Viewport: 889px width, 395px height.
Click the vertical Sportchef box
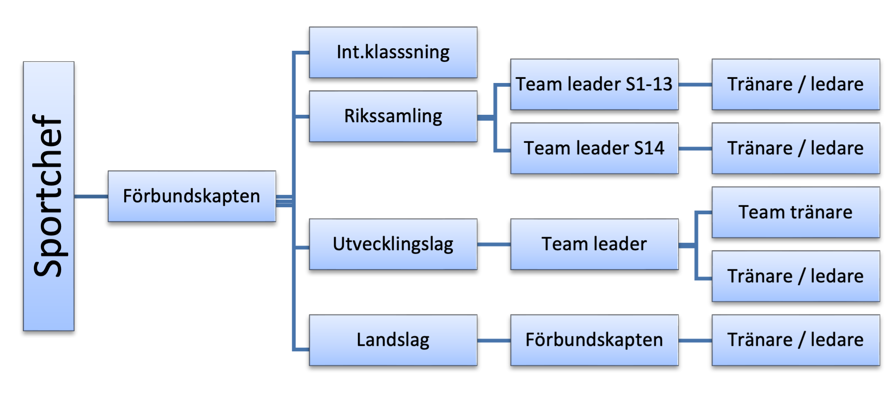(49, 196)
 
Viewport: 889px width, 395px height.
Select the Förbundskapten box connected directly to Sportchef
(192, 196)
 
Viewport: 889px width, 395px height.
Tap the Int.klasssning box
(393, 52)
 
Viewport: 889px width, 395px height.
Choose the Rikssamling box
(393, 116)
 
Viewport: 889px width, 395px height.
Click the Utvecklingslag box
(393, 244)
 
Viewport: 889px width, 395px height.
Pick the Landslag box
(393, 340)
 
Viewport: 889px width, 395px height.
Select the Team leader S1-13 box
(594, 84)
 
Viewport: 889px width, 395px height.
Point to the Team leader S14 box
(594, 148)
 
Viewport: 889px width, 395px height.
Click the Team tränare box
(796, 213)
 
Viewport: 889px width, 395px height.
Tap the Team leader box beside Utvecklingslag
(594, 244)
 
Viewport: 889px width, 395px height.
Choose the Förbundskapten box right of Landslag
(594, 340)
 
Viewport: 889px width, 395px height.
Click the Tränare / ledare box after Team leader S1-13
(796, 84)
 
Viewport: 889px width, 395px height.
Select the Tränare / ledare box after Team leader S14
(796, 148)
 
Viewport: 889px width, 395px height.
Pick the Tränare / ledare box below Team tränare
(796, 276)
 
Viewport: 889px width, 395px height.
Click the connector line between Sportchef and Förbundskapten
(91, 196)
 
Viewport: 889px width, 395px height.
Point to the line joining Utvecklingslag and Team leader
(494, 244)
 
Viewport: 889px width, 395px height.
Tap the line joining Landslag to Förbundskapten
(494, 341)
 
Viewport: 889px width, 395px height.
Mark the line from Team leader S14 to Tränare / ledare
(695, 149)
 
